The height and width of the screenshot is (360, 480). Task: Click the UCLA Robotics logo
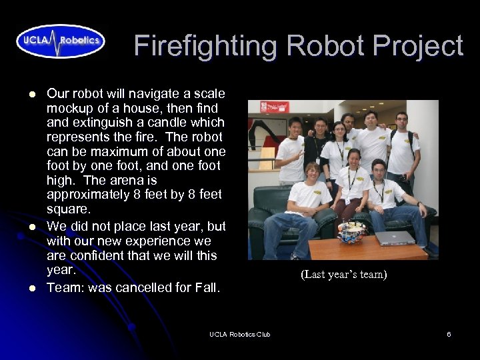61,41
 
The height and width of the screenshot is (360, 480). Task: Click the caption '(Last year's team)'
343,274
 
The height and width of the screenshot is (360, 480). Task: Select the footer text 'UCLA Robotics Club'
239,334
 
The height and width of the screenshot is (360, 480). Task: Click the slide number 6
449,334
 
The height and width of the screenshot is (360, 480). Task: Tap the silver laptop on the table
395,238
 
